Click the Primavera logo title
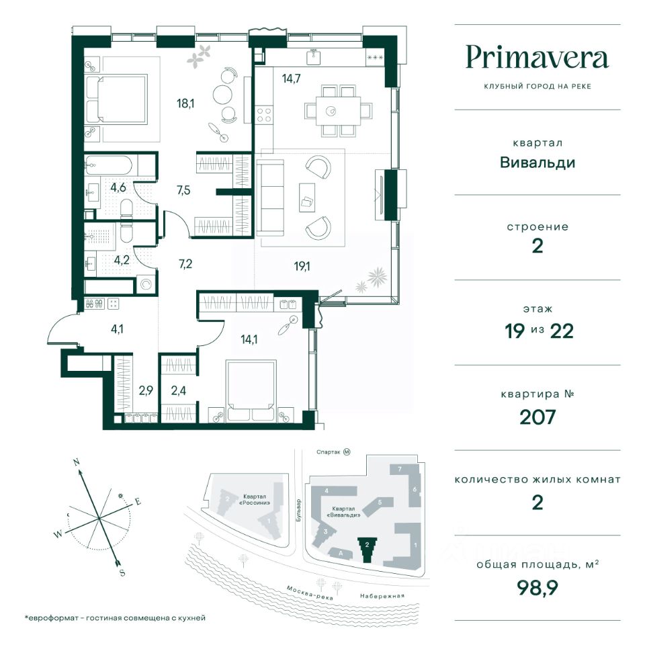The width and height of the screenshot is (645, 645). (x=537, y=58)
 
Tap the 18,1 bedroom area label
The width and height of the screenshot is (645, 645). (x=185, y=103)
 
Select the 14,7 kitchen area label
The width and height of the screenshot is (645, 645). (x=291, y=78)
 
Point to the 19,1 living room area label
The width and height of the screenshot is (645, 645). (x=302, y=267)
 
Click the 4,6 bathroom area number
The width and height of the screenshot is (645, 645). (x=118, y=187)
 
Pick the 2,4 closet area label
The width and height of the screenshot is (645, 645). (x=179, y=390)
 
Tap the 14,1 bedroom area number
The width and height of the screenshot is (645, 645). (x=249, y=339)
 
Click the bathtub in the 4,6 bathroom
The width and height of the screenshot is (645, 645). (x=109, y=166)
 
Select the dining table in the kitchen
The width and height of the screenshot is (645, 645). (x=338, y=111)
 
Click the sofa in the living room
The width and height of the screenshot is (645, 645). (x=270, y=198)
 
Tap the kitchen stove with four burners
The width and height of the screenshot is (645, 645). (x=263, y=115)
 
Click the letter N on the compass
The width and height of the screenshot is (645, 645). (x=76, y=462)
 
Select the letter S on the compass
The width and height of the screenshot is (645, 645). (x=122, y=572)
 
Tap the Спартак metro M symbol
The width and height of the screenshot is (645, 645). (x=347, y=451)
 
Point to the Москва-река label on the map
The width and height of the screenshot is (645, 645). (x=310, y=593)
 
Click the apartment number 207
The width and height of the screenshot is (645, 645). (x=537, y=417)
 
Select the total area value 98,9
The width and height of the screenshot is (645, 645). (x=537, y=589)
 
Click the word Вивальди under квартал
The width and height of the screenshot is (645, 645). (x=537, y=163)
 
